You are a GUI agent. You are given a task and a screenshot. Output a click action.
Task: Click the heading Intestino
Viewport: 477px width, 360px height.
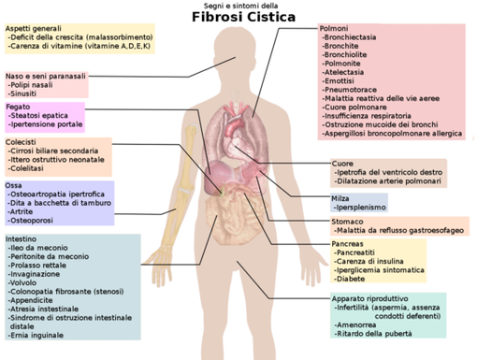pyautogui.click(x=22, y=239)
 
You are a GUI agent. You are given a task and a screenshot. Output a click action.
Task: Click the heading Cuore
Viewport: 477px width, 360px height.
pyautogui.click(x=342, y=164)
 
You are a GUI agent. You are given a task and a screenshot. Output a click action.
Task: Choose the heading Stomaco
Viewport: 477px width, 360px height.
pyautogui.click(x=348, y=222)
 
